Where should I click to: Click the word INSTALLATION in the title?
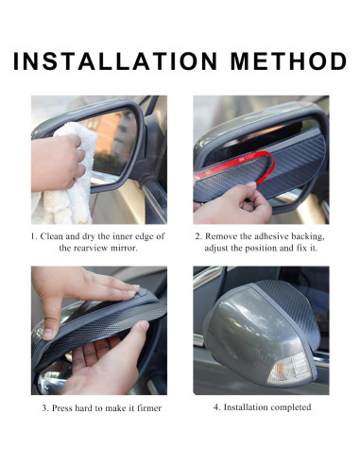pyautogui.click(x=111, y=61)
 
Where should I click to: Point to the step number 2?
pyautogui.click(x=198, y=235)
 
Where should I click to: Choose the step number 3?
pyautogui.click(x=44, y=408)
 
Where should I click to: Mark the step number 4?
pyautogui.click(x=215, y=407)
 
